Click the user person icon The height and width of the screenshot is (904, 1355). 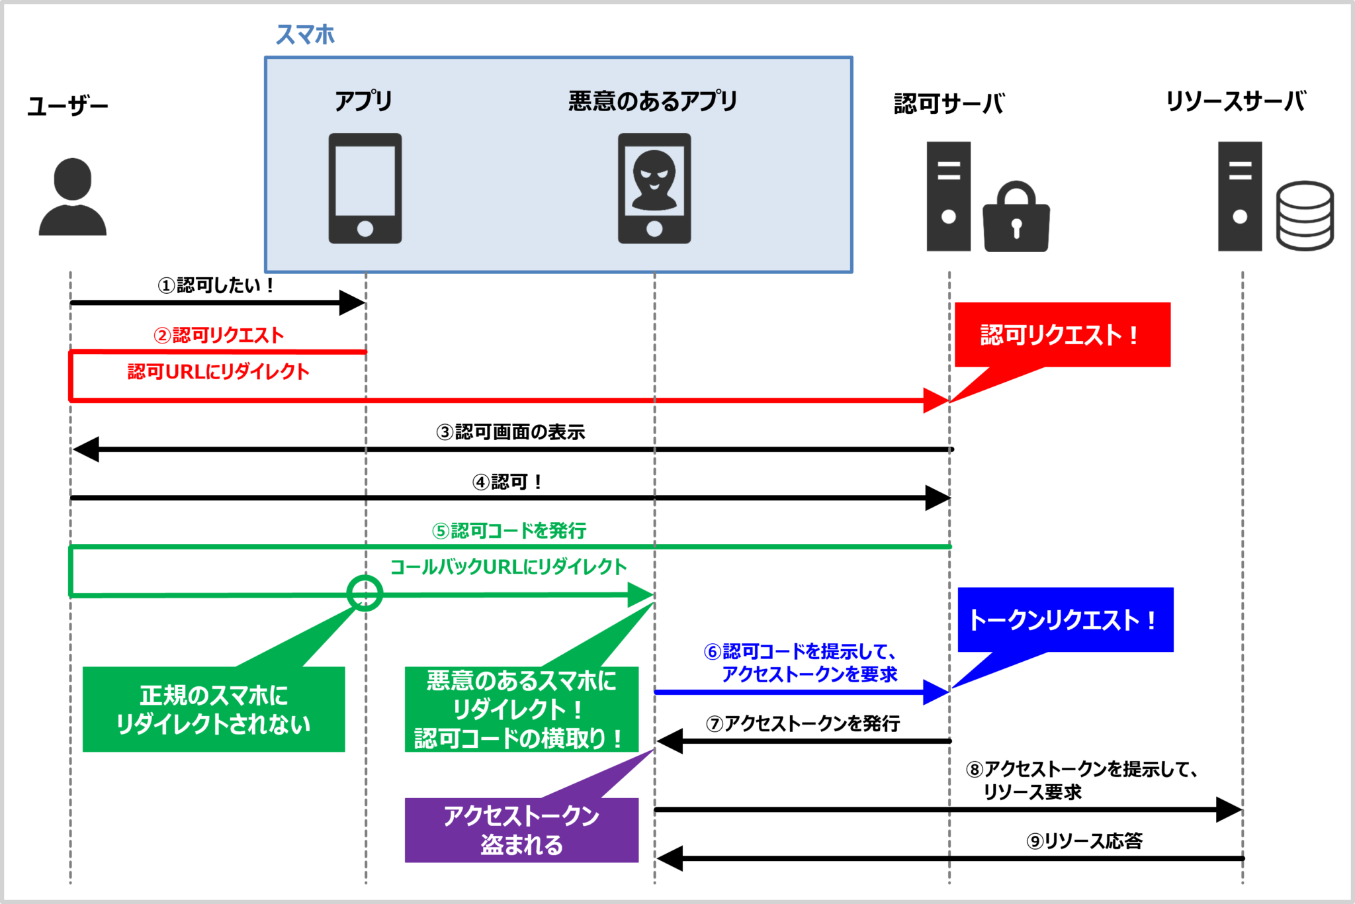pos(72,197)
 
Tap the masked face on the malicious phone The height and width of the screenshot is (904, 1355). pos(654,175)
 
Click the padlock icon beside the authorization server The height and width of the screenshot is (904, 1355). pos(1016,218)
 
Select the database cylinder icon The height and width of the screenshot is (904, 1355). pos(1304,216)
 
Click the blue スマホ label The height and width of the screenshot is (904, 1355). pos(305,34)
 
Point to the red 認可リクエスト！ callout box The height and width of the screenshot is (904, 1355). pos(1062,335)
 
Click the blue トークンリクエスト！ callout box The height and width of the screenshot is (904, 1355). pos(1065,619)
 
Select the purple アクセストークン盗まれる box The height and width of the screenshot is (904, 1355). pos(521,830)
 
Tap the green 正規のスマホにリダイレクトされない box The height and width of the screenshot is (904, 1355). pos(213,709)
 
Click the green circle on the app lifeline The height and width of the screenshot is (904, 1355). pos(365,593)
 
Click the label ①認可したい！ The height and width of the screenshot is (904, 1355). pos(216,285)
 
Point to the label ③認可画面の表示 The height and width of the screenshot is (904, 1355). pos(510,432)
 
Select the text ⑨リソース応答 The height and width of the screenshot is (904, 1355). pos(1084,841)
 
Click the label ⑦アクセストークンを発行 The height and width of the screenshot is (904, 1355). pos(803,723)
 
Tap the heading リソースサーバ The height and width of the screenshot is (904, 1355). pos(1235,102)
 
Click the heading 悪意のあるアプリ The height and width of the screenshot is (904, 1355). pos(652,101)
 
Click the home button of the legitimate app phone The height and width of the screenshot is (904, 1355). pos(365,229)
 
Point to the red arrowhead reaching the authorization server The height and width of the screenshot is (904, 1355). pos(936,400)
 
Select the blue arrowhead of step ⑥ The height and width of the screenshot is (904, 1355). pos(936,692)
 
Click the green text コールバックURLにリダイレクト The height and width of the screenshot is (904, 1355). pos(508,567)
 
